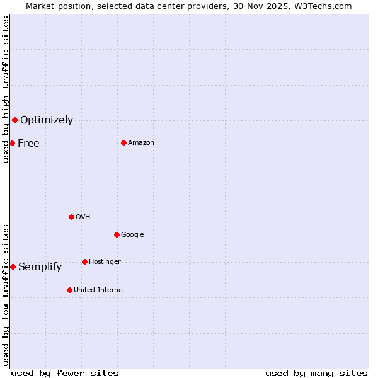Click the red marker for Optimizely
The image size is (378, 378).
pos(14,120)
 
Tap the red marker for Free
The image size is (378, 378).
pos(12,143)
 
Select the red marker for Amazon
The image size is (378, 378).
pos(123,142)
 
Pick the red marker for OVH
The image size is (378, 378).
pos(71,217)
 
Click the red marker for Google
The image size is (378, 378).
pos(117,234)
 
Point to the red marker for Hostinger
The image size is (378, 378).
pos(84,261)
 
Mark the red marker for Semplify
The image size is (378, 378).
pos(13,266)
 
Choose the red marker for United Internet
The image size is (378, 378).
pos(69,290)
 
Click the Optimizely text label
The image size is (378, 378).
pos(47,120)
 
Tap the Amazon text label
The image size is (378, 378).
pos(141,142)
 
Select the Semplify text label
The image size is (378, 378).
pos(40,266)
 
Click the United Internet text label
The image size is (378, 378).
pos(100,290)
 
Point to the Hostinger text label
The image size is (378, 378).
pos(105,261)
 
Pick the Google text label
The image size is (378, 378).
pos(132,234)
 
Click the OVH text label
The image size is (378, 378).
pos(83,217)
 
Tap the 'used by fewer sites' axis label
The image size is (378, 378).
pos(65,373)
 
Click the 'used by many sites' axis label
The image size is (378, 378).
pos(316,373)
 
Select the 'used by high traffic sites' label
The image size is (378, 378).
pos(6,89)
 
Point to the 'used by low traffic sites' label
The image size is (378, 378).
pos(6,295)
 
